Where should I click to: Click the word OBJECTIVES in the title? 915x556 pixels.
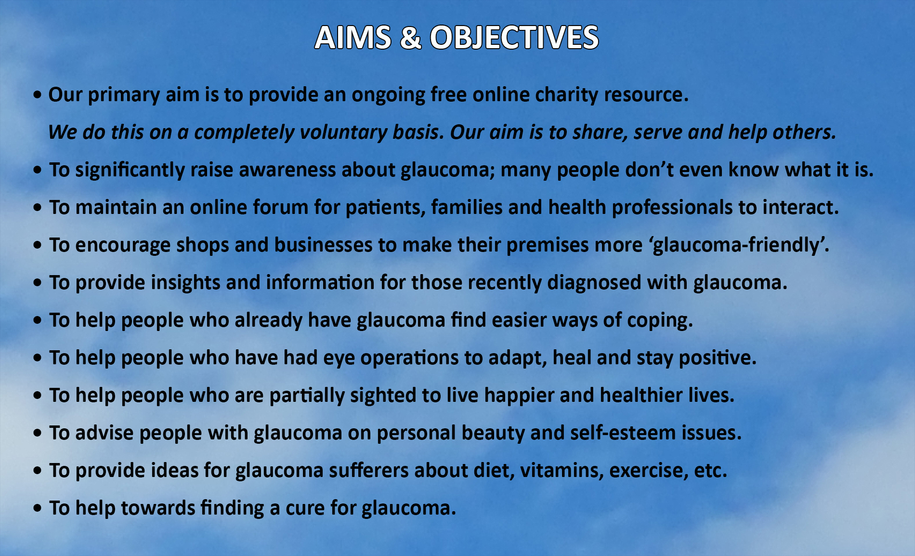514,38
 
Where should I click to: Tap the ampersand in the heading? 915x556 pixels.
410,38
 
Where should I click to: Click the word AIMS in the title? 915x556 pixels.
353,38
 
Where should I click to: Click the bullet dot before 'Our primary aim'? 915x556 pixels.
38,95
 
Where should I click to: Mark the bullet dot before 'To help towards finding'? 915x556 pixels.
38,509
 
